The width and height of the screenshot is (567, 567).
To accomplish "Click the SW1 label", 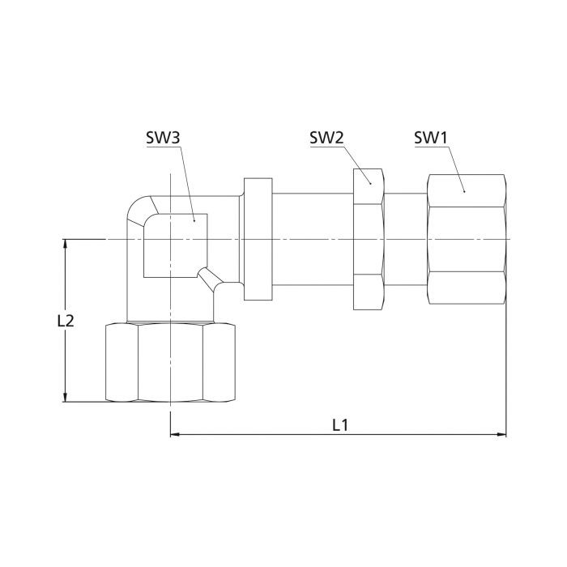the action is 430,138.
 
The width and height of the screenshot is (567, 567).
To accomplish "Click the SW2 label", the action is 326,138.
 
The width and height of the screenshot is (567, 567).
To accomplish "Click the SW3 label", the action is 163,138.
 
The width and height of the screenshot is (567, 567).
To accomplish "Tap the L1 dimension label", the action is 340,425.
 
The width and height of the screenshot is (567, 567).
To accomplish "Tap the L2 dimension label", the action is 66,321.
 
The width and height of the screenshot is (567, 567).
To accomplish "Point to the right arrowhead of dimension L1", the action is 502,434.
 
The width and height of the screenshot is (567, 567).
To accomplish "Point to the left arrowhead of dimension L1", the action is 175,434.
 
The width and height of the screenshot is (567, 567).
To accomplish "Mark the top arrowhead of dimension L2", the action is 65,244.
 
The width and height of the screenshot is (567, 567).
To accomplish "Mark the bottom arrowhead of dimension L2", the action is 65,397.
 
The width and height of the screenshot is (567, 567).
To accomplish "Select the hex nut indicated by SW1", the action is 467,240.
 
